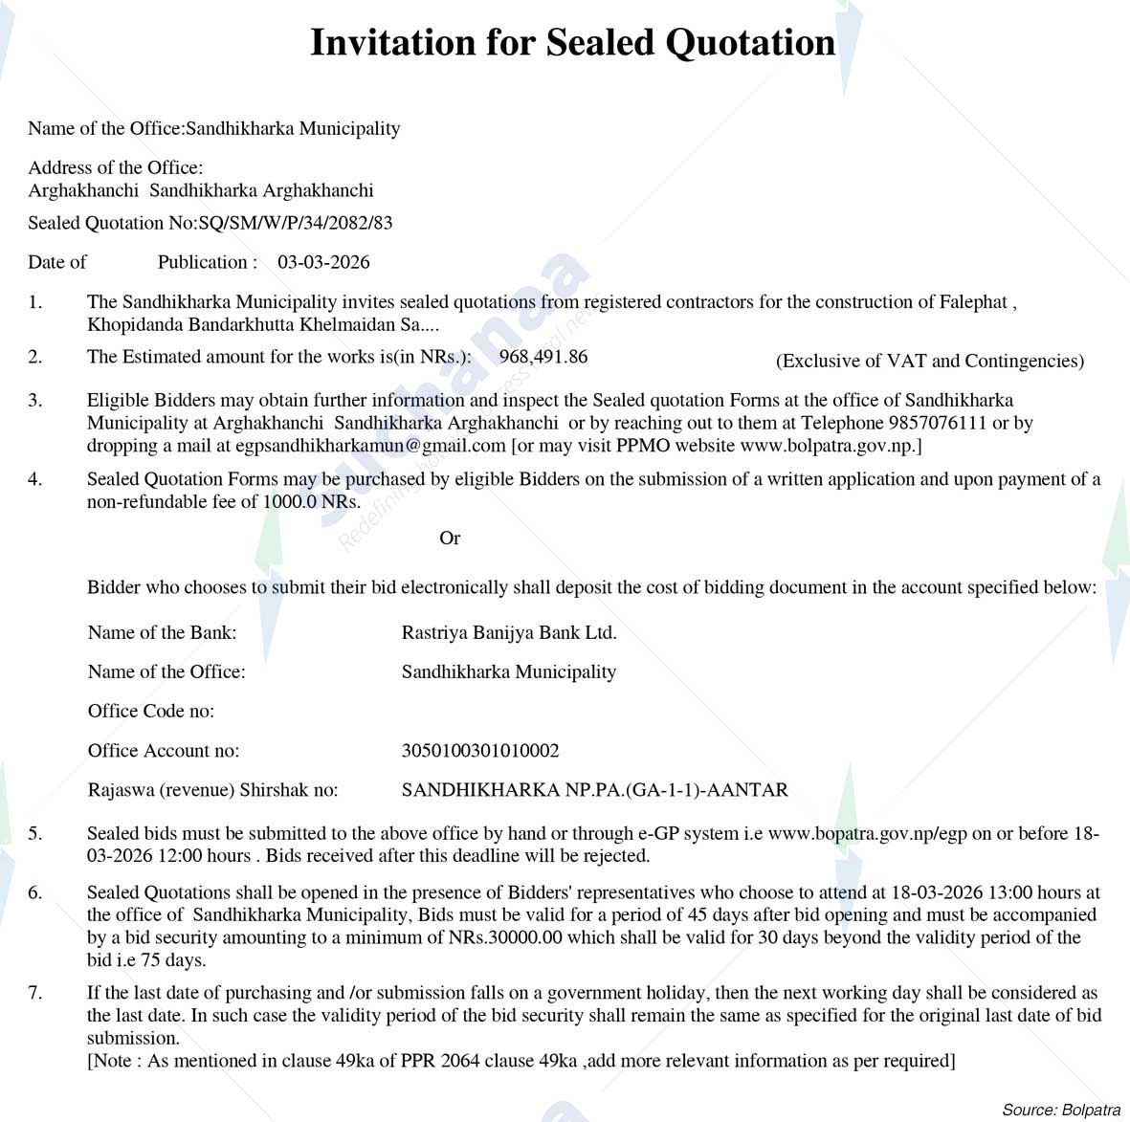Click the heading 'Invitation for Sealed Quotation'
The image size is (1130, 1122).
click(572, 43)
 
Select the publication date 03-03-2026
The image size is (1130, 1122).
click(323, 262)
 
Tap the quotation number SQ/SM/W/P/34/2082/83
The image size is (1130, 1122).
click(296, 223)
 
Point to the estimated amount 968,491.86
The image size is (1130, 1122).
click(543, 357)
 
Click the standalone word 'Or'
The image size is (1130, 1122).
click(450, 539)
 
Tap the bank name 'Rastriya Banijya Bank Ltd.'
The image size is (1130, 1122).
click(509, 632)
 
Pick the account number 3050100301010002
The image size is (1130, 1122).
click(480, 751)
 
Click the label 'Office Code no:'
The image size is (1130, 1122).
click(151, 711)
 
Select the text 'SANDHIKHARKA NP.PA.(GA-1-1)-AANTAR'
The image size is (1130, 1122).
click(595, 790)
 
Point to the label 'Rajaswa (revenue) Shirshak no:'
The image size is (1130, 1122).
click(212, 790)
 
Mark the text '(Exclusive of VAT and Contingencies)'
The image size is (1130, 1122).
click(929, 361)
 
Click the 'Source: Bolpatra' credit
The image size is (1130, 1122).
click(1060, 1110)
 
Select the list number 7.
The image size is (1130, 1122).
click(35, 993)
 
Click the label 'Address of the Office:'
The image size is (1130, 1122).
click(115, 167)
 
